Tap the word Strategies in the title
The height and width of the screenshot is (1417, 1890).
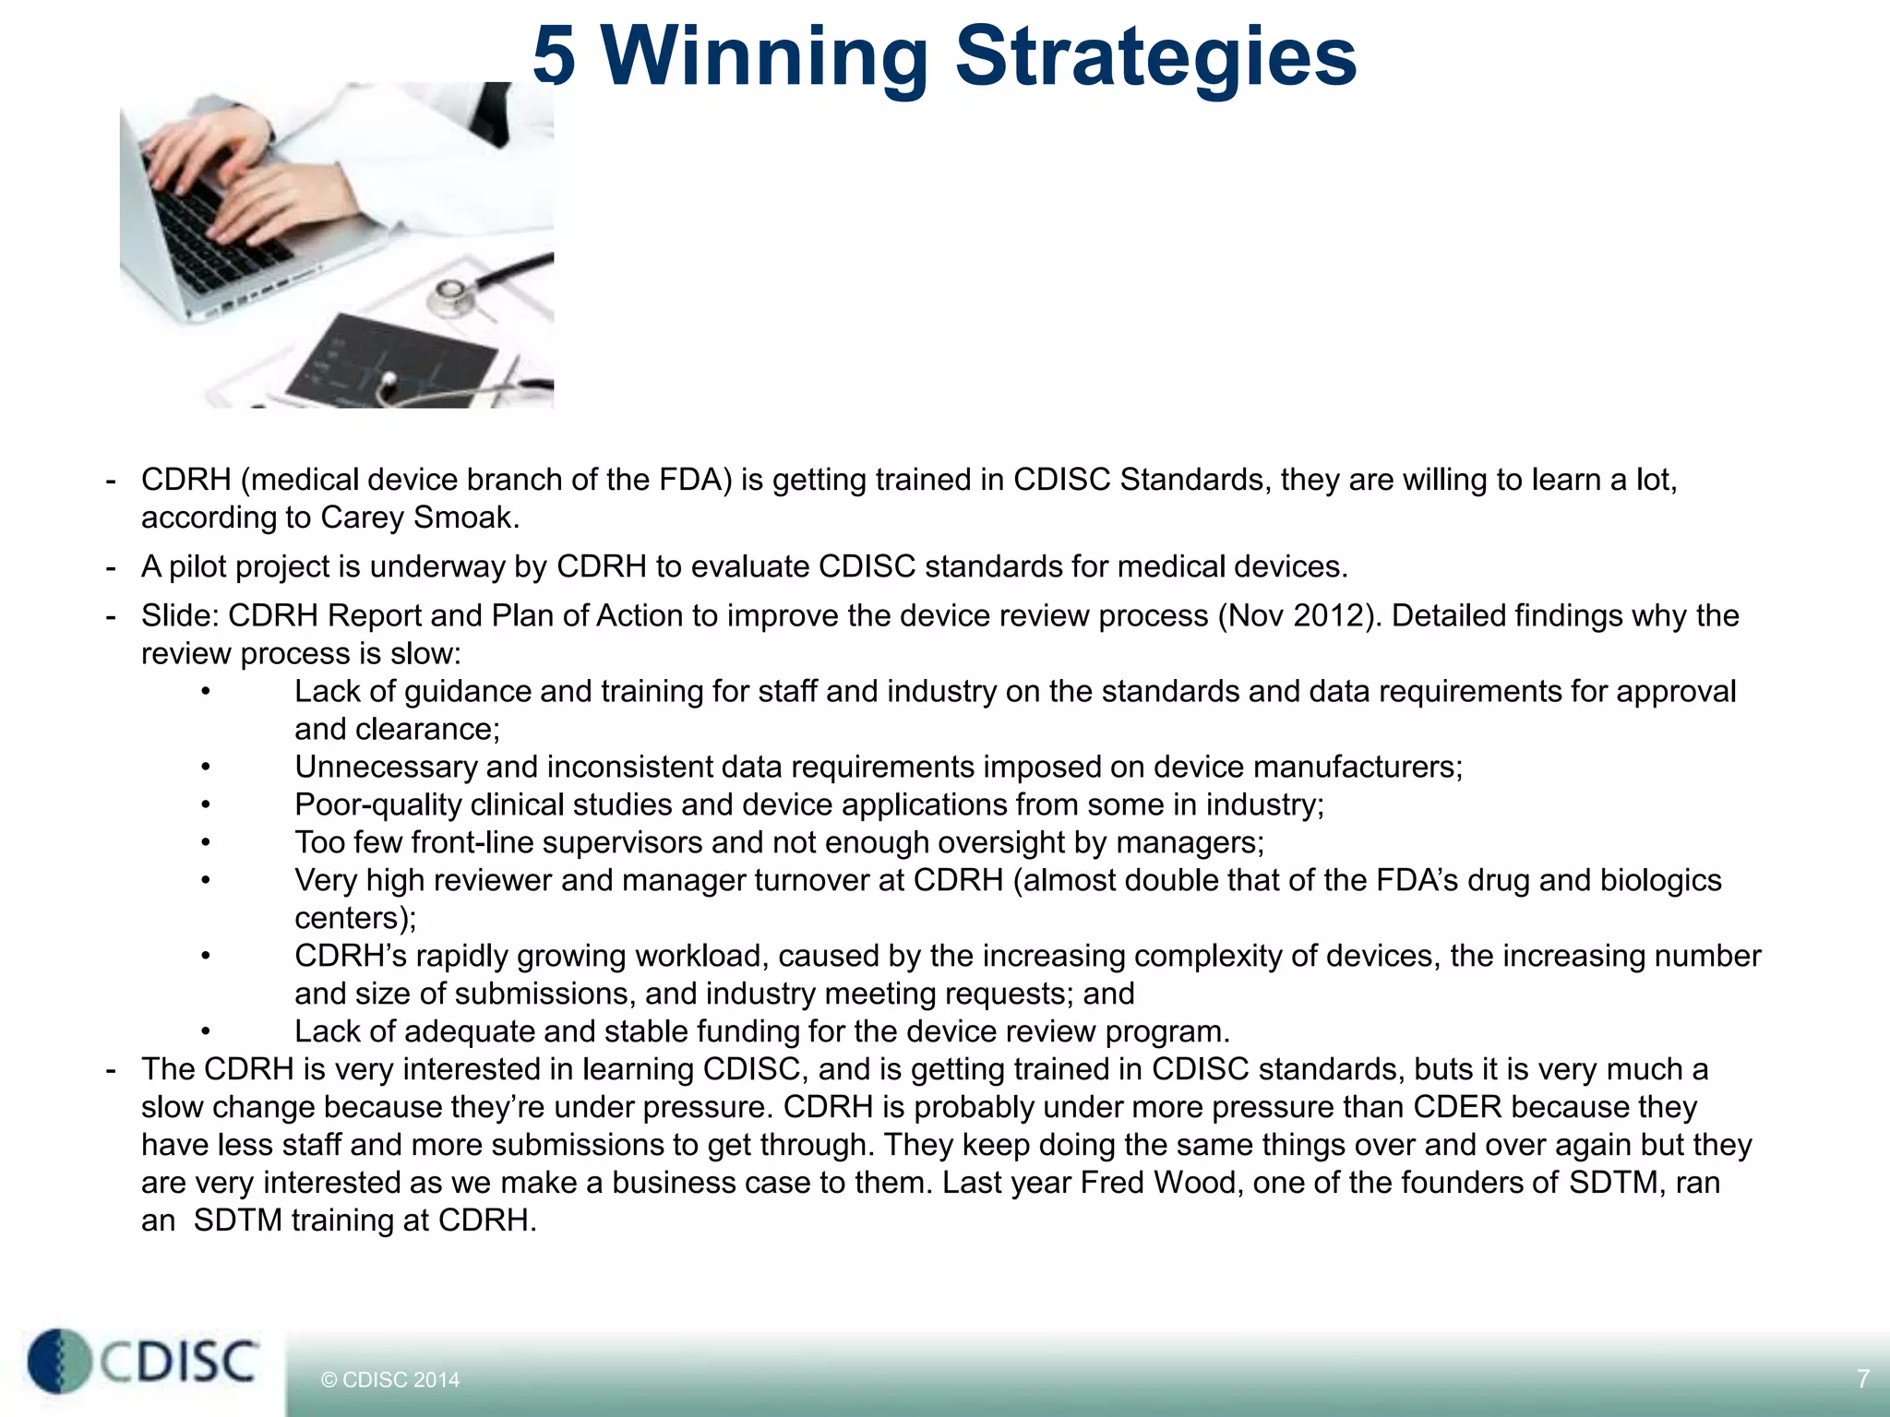click(1155, 57)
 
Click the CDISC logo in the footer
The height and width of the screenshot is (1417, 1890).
click(143, 1361)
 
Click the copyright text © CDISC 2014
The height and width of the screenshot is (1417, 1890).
click(389, 1380)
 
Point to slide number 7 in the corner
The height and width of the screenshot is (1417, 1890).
click(1862, 1378)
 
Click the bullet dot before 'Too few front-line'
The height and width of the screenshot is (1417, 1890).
click(206, 843)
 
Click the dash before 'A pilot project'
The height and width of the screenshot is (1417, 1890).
click(111, 567)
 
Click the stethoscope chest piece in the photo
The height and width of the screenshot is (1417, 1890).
click(450, 294)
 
